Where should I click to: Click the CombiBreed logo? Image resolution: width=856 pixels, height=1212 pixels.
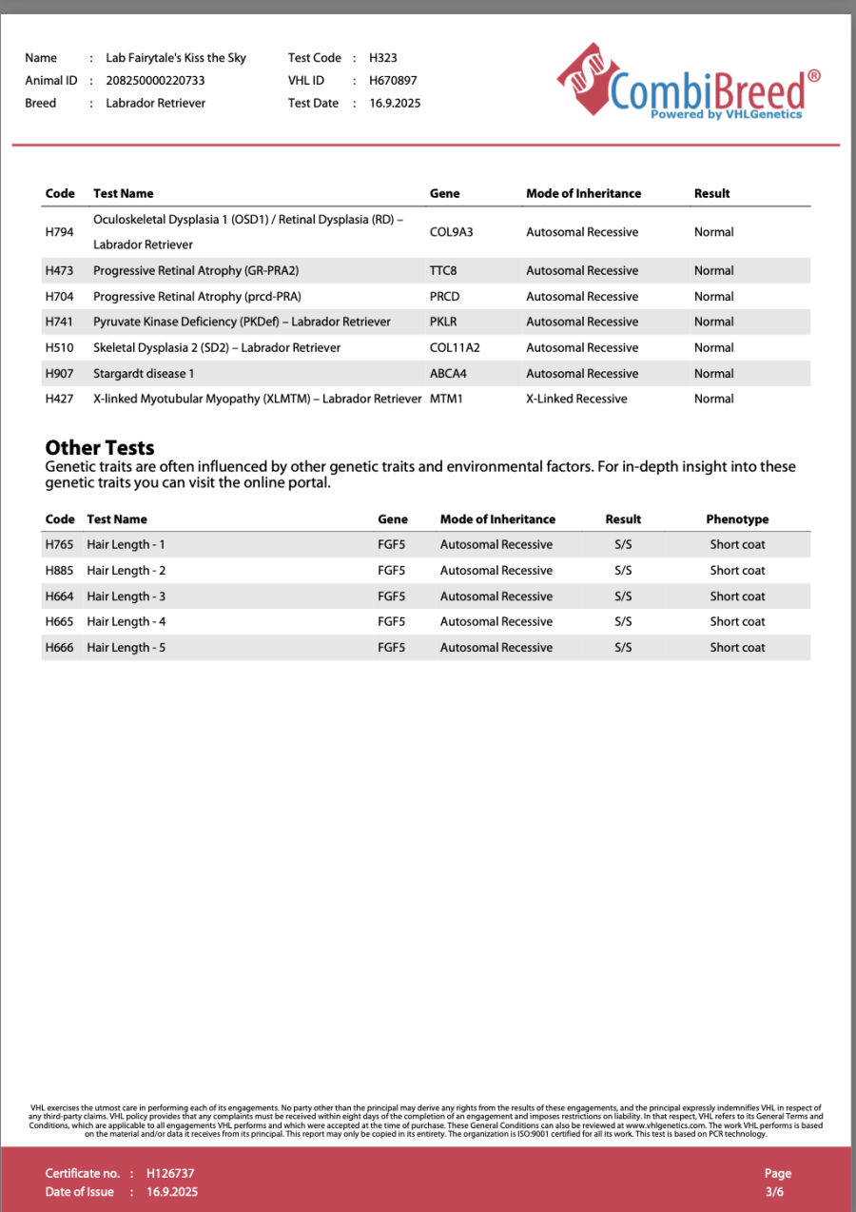pos(688,83)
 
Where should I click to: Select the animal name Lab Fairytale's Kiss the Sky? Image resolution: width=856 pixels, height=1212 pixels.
pos(176,58)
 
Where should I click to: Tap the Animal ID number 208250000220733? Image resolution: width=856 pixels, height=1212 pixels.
pos(155,81)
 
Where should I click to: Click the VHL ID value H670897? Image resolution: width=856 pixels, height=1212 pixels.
pos(393,81)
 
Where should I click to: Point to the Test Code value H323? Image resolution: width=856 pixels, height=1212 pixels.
pos(382,58)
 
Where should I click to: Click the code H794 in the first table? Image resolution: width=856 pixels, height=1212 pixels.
pos(60,232)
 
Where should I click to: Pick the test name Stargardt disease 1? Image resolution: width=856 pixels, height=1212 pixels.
pos(144,374)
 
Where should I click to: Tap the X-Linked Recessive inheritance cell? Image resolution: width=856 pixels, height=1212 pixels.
pos(576,400)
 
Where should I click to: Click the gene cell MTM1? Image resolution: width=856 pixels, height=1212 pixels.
pos(446,400)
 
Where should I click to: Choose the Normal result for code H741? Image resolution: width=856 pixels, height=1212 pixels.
pos(713,323)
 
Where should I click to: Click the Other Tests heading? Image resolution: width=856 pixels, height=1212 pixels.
pos(100,448)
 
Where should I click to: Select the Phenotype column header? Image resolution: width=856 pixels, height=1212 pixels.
pos(737,519)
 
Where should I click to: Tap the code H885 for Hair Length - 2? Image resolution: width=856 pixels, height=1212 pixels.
pos(59,571)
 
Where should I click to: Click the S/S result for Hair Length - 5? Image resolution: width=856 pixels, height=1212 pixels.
pos(623,648)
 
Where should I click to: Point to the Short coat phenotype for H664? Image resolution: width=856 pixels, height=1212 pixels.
pos(737,596)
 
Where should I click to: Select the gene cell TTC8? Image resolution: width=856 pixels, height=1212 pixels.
pos(443,271)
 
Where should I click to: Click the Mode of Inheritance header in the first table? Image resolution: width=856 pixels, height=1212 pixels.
pos(583,193)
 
